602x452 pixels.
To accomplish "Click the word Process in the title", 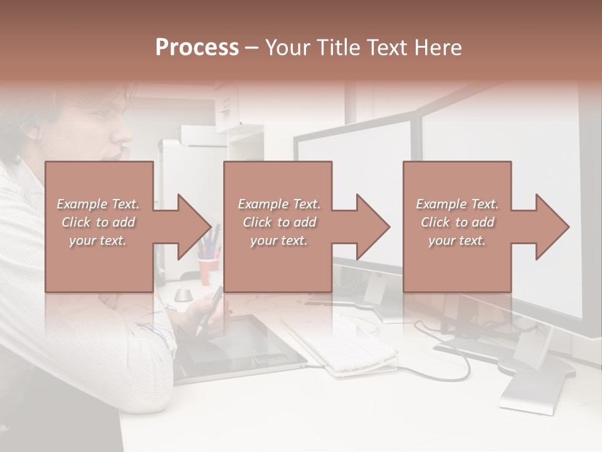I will tap(197, 48).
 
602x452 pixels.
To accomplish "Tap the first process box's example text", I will tap(98, 222).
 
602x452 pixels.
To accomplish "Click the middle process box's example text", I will tap(279, 222).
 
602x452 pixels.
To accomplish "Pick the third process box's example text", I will tap(457, 222).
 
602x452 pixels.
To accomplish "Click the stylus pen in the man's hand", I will tap(211, 309).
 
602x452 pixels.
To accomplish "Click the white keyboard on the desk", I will tap(339, 342).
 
